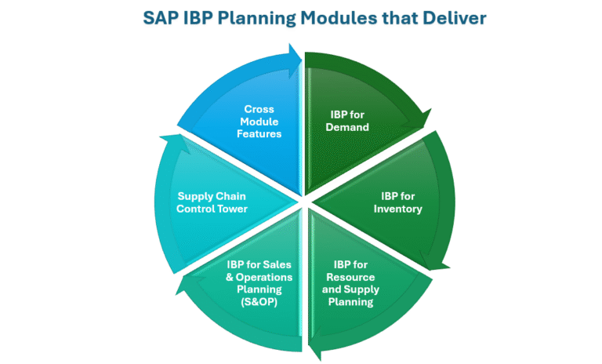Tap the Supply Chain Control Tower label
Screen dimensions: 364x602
pyautogui.click(x=212, y=202)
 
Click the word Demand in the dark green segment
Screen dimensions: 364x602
pyautogui.click(x=347, y=127)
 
